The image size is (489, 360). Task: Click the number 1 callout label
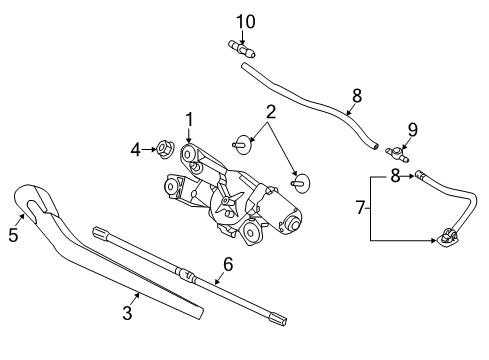187,121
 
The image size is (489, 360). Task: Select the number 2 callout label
270,110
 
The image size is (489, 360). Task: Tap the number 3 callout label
127,313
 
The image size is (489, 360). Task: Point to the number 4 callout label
137,151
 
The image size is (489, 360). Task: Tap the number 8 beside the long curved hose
356,96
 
